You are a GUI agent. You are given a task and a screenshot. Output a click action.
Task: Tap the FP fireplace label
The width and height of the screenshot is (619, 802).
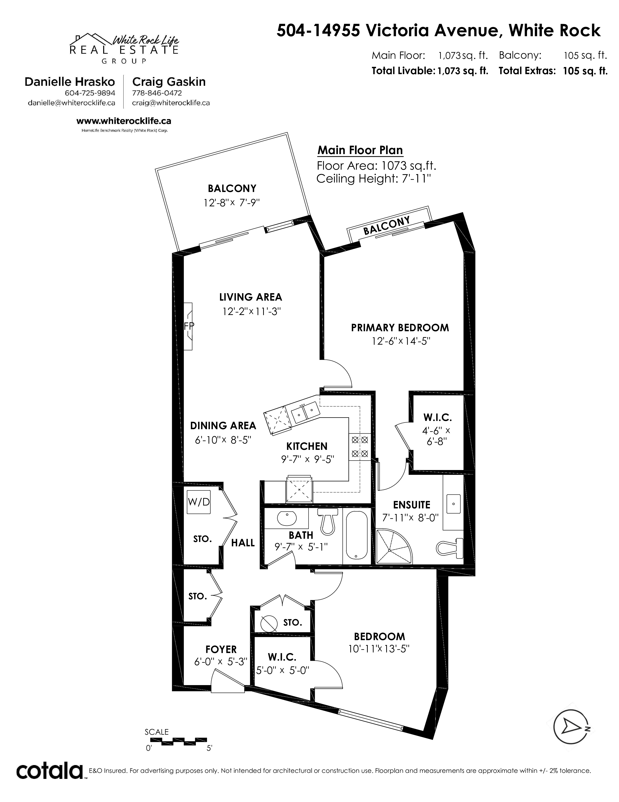point(189,326)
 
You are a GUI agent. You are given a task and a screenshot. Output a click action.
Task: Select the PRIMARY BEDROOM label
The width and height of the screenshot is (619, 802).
point(400,328)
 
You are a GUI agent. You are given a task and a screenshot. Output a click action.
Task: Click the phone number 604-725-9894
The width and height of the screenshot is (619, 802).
point(90,93)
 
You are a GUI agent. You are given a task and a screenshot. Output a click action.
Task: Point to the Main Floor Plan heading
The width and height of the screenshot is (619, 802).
point(360,150)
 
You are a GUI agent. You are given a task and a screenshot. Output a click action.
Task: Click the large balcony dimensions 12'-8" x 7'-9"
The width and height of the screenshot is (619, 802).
point(232,203)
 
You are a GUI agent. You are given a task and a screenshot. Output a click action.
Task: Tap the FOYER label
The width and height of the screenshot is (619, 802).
point(221,649)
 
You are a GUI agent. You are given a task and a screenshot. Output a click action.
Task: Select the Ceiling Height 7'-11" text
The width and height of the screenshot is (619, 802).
point(373,179)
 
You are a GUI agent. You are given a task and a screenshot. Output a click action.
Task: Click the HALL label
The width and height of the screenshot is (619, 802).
point(243,543)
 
